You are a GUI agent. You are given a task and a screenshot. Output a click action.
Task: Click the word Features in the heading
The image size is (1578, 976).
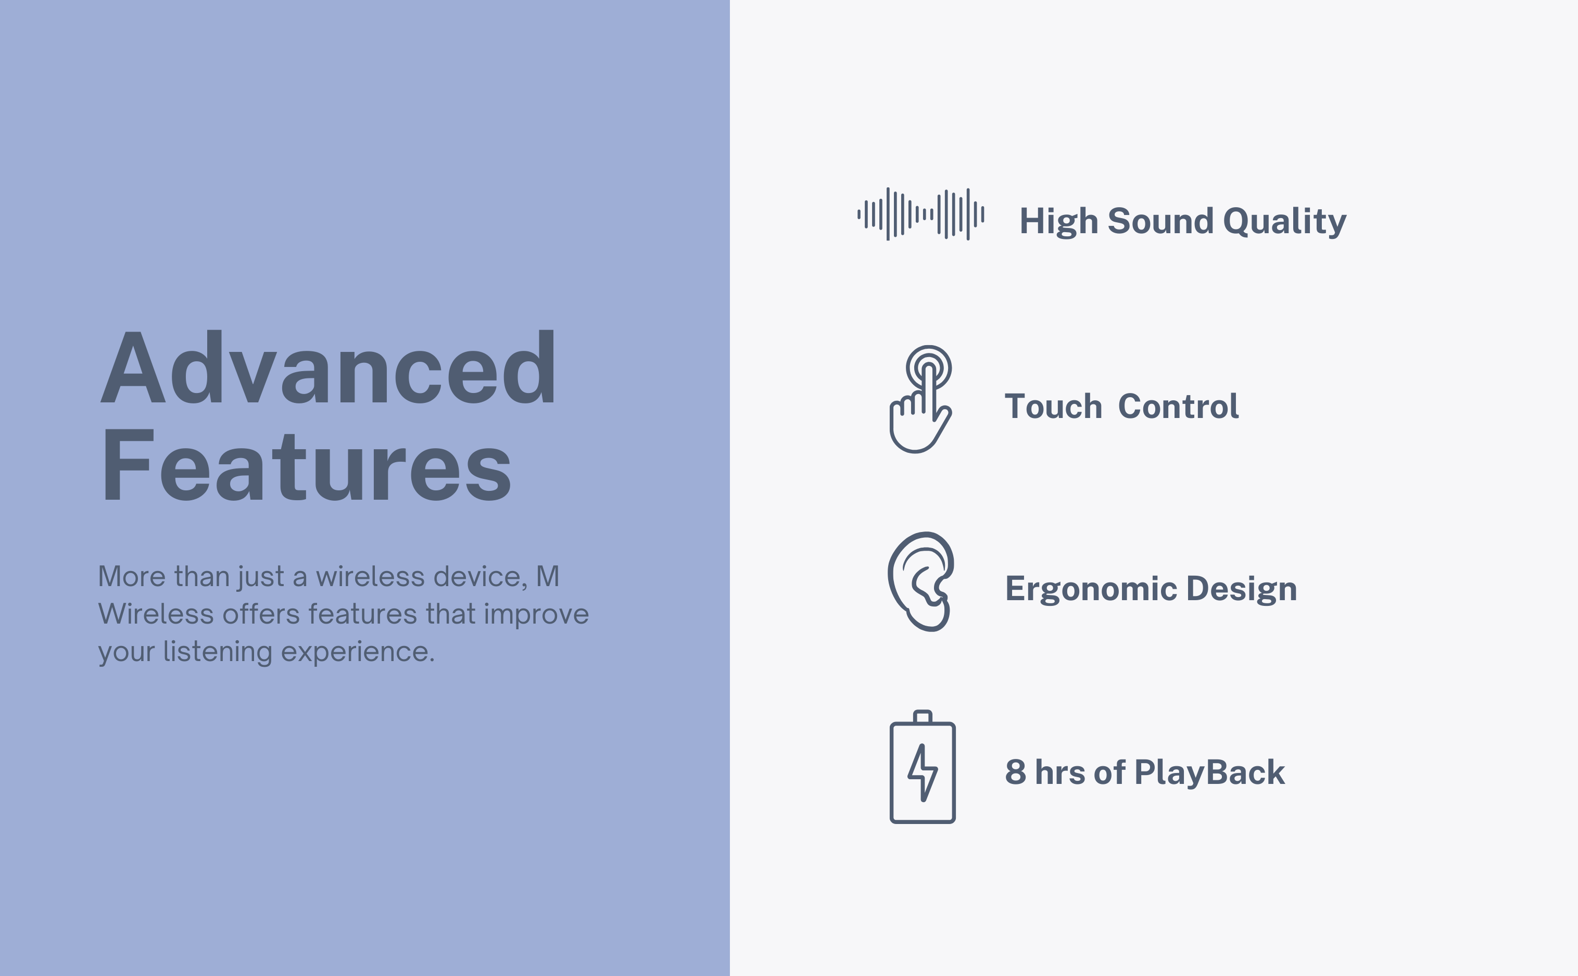[x=307, y=465]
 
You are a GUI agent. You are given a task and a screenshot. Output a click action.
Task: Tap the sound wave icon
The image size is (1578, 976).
[x=920, y=213]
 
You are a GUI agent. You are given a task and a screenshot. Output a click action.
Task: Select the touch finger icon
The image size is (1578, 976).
[x=921, y=399]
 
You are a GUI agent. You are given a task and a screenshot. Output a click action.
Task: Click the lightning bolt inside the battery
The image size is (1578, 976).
[x=922, y=772]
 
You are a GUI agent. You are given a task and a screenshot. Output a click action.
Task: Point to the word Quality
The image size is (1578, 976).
[x=1284, y=223]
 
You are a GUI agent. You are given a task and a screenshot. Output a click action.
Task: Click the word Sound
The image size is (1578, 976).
[x=1160, y=221]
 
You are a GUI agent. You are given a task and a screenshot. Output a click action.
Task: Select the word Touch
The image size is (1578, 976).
[x=1053, y=407]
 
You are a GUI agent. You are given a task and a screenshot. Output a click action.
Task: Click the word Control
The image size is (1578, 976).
[x=1179, y=407]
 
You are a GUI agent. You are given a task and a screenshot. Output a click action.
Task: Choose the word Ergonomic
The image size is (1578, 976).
[x=1091, y=589]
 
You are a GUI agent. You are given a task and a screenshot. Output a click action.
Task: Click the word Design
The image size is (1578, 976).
[x=1242, y=589]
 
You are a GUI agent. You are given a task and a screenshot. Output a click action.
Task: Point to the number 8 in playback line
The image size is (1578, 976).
[x=1015, y=772]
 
